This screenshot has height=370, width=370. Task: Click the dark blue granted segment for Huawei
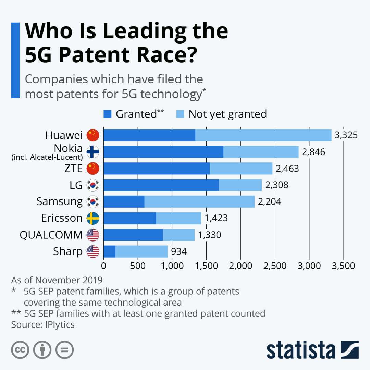tap(149, 135)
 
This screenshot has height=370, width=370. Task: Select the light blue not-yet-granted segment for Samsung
tap(199, 202)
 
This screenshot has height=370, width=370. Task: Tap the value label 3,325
tap(346, 135)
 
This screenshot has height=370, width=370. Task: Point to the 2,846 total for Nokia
tap(313, 152)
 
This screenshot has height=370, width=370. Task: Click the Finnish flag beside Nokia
tap(93, 152)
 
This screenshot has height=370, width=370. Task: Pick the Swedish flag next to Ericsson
tap(93, 218)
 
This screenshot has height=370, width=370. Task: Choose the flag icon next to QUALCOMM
tap(93, 235)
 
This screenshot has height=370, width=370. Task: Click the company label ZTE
tap(73, 169)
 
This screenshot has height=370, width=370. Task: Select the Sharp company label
tap(68, 251)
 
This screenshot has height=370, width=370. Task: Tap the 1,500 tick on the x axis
tap(206, 266)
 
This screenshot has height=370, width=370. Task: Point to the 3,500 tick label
tap(343, 266)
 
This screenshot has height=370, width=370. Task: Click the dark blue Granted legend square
tap(108, 114)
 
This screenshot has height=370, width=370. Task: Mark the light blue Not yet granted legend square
tap(180, 114)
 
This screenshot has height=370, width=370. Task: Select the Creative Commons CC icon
tap(20, 350)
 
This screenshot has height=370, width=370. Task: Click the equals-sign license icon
tap(65, 350)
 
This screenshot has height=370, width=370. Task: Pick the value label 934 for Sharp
tap(178, 252)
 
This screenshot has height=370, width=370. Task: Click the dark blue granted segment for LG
tap(161, 185)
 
